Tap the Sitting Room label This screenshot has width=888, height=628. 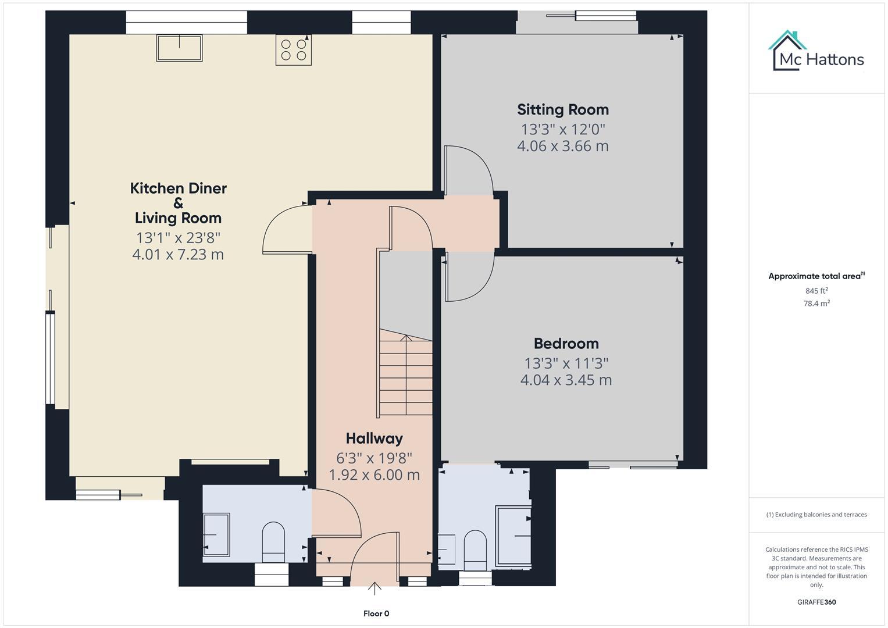563,109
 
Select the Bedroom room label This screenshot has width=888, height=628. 566,344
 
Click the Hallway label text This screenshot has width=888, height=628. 374,438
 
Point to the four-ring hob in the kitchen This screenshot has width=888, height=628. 294,50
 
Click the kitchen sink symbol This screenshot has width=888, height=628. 179,48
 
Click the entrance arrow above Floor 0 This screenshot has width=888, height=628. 375,589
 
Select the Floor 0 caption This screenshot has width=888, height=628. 376,613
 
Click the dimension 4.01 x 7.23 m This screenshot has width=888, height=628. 178,255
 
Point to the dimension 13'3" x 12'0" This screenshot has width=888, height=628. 563,129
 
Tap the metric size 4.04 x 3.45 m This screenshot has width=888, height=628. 566,380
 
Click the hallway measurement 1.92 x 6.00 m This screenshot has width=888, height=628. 374,475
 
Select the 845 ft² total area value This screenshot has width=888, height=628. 816,291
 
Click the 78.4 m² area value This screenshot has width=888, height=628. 816,304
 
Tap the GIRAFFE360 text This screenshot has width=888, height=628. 816,602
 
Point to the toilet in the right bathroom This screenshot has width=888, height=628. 475,549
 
